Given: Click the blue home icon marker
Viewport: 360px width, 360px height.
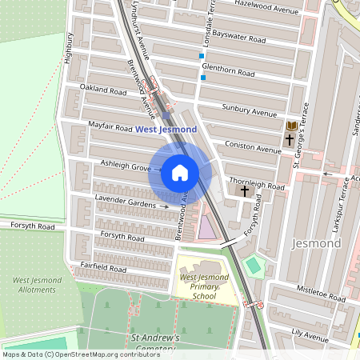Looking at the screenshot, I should point(180,172).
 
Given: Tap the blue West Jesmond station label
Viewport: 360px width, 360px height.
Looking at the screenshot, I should point(166,128).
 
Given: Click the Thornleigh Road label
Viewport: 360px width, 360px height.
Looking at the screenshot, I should point(256,186).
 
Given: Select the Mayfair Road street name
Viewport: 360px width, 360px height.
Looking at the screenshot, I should point(110,126).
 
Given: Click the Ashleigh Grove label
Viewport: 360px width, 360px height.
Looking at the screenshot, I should point(125,166).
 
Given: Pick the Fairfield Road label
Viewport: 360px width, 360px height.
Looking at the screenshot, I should point(102,270).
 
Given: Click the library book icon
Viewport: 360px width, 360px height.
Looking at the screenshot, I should point(291,126).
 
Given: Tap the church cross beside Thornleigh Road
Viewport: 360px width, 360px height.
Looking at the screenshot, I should point(244,191).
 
